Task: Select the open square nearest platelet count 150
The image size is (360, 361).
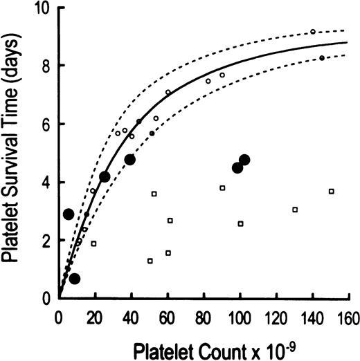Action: point(332,191)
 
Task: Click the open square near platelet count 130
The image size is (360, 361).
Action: point(296,210)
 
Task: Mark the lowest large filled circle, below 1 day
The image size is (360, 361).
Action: point(74,279)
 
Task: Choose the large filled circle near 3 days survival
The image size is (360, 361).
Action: point(69,214)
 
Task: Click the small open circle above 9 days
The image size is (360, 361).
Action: point(313,32)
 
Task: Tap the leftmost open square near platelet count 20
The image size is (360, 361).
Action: point(93,243)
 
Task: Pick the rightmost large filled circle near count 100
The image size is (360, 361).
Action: point(244,160)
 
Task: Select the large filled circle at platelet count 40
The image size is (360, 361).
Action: point(129,160)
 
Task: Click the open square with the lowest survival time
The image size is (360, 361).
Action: point(150,261)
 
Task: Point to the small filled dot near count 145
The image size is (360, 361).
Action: point(322,58)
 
